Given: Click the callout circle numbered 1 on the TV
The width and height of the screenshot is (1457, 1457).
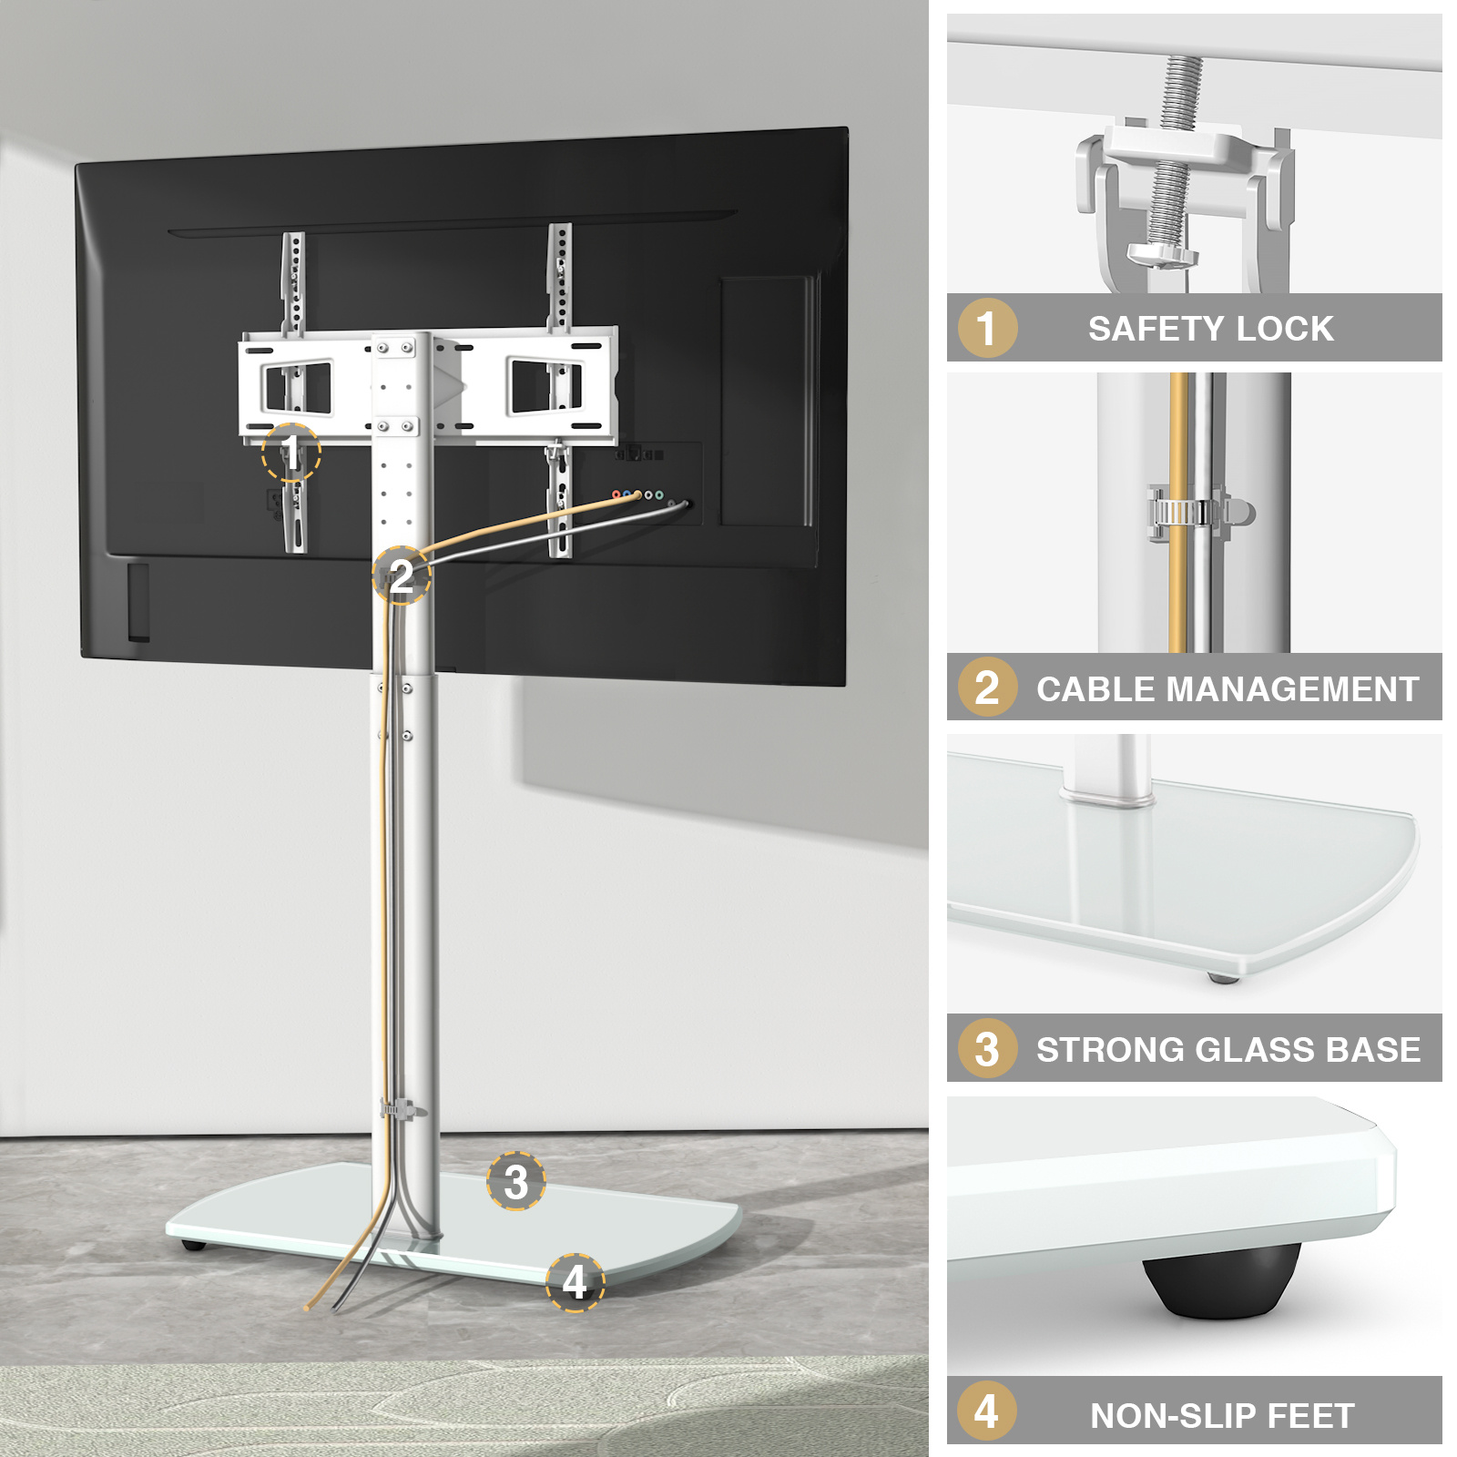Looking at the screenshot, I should (290, 453).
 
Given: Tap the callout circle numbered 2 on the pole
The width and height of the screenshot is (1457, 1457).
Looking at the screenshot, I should (401, 576).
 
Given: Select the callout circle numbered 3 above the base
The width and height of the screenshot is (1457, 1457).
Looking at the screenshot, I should (515, 1181).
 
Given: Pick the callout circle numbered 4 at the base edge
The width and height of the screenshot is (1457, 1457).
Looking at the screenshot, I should (575, 1282).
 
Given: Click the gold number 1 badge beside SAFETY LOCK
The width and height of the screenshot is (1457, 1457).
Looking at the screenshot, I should (987, 328).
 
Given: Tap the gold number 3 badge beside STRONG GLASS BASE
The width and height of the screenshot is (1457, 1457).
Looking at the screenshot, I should (987, 1049).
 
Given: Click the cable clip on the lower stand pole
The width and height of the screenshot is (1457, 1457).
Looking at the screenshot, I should (402, 1109).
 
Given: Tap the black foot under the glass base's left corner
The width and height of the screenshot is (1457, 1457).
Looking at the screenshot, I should (192, 1244).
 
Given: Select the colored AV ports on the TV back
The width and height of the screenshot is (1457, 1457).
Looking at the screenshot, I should (638, 494).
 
